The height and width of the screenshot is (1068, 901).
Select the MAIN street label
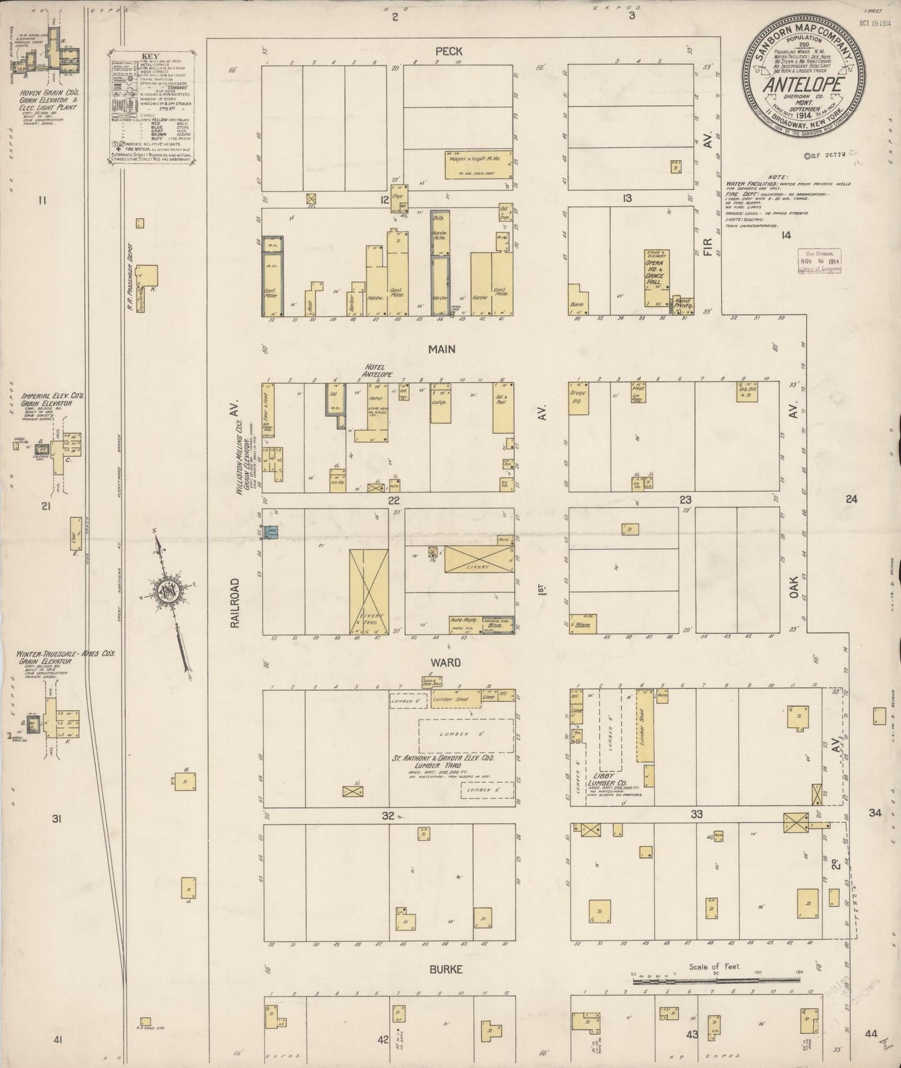pos(441,350)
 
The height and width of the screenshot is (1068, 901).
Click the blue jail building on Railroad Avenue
pos(271,533)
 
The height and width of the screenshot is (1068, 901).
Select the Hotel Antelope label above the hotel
pos(378,371)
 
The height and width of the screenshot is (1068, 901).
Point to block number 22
pos(393,500)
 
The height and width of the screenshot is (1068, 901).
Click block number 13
pos(627,198)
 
